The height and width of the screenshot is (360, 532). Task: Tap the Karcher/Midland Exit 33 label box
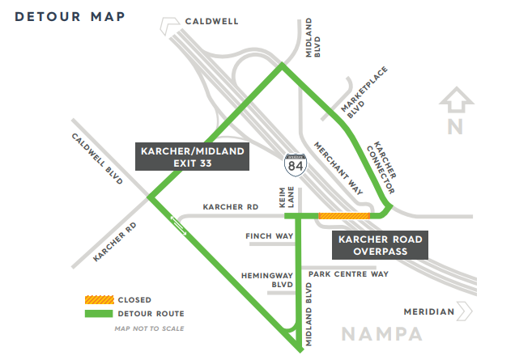click(192, 157)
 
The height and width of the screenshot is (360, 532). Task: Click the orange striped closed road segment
click(344, 216)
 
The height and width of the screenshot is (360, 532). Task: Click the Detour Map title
click(69, 17)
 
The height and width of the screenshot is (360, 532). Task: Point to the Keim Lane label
click(289, 199)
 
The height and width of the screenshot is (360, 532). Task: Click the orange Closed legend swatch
click(100, 300)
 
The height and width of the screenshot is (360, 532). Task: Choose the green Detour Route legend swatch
click(100, 314)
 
